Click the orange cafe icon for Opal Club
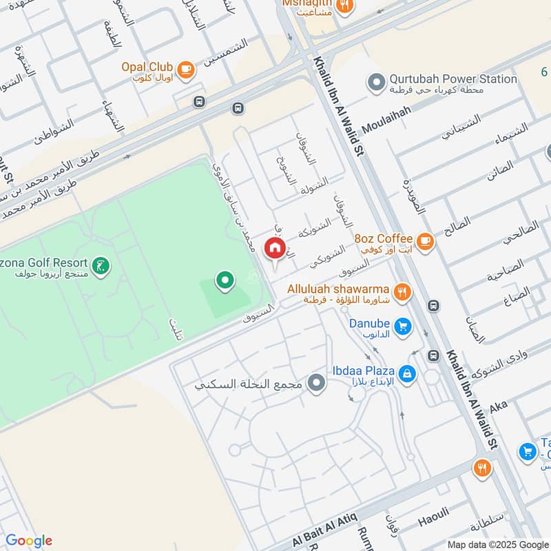[x=185, y=68]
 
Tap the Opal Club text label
[x=147, y=67]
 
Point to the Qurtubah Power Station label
[x=453, y=79]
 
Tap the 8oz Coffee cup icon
[x=426, y=240]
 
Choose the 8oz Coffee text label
[x=384, y=238]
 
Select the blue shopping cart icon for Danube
[x=404, y=326]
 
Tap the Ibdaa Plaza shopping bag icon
[x=408, y=373]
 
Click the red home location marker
[x=275, y=248]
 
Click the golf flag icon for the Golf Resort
[x=101, y=266]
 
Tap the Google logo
[x=28, y=540]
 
